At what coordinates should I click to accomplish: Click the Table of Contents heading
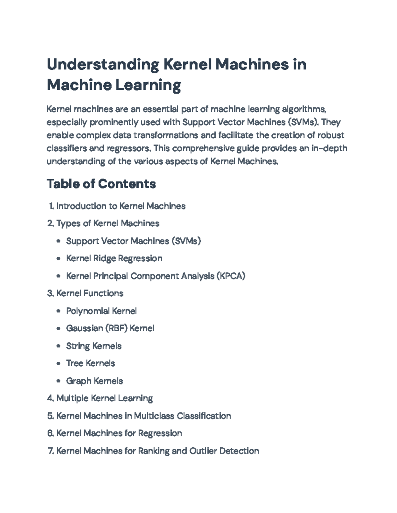tap(101, 184)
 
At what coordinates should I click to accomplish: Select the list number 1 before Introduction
tap(51, 206)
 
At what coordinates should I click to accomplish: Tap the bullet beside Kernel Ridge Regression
tap(59, 259)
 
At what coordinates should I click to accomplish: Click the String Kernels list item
tap(94, 346)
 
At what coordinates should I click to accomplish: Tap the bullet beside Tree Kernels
tap(59, 363)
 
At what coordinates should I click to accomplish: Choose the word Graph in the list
tap(78, 381)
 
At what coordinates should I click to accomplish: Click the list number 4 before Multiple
tap(50, 398)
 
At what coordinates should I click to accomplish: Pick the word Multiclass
tap(154, 416)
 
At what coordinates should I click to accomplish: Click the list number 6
tap(50, 433)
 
